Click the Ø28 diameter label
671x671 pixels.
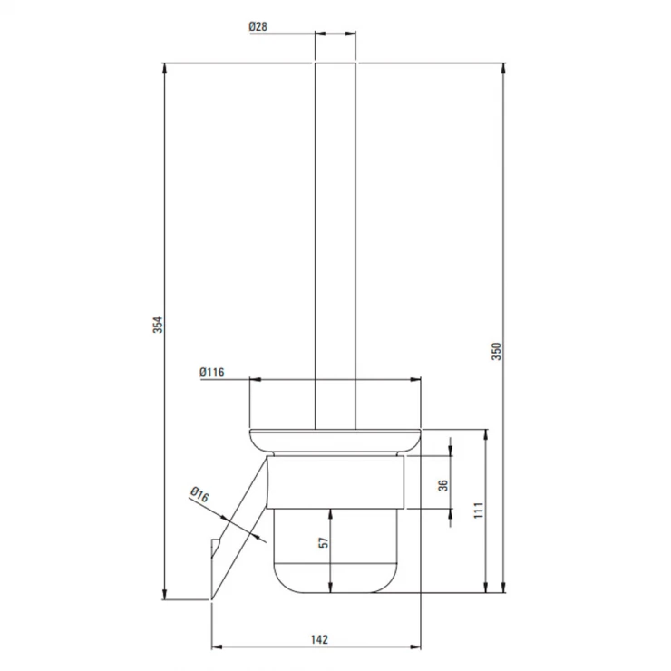(258, 26)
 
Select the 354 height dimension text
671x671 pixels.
(158, 325)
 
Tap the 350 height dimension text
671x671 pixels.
(496, 351)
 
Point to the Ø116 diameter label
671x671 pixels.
(212, 373)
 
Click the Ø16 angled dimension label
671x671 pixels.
(199, 494)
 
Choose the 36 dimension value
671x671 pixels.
(443, 485)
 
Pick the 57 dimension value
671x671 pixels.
(325, 542)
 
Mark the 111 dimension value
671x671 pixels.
(479, 511)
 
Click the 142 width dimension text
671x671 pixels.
(319, 639)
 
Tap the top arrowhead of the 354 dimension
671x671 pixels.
(165, 69)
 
